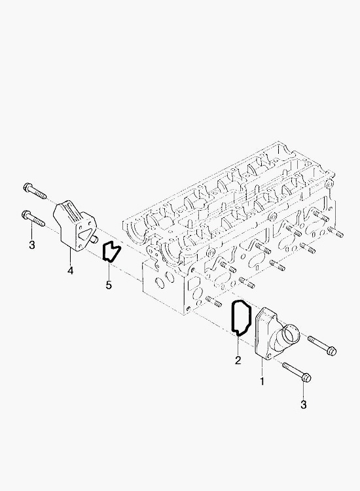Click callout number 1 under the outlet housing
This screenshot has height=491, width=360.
pos(262,381)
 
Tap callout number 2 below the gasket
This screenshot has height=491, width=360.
pos(238,360)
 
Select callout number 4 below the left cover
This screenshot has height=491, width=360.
pos(71,270)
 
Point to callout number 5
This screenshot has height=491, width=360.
pos(109,285)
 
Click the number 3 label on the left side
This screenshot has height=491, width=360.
pos(31,245)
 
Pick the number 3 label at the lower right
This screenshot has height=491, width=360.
pos(303,405)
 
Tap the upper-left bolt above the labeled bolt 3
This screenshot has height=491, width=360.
pos(35,191)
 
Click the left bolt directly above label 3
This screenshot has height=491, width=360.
pos(33,218)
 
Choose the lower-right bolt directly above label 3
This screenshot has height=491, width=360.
pos(297,373)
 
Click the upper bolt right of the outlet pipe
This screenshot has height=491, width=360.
pos(322,346)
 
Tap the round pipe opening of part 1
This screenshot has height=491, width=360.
pos(291,335)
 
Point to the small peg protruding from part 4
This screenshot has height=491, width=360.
pos(94,240)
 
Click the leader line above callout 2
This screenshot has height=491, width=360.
pos(238,346)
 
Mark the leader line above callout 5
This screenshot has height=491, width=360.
pos(109,270)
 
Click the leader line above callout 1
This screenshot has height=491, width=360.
pos(262,367)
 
